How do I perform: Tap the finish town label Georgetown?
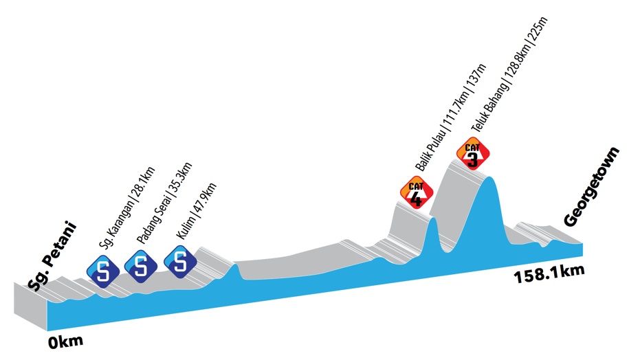592,187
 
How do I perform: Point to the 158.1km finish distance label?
549,275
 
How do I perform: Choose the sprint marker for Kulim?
181,261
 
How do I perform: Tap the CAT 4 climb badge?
415,194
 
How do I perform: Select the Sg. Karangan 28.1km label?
127,208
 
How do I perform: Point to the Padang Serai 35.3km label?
164,203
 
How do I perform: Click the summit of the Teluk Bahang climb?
489,178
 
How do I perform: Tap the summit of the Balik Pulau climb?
432,219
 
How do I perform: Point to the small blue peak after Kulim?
234,265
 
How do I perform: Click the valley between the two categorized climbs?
449,251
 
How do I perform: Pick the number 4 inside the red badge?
415,199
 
